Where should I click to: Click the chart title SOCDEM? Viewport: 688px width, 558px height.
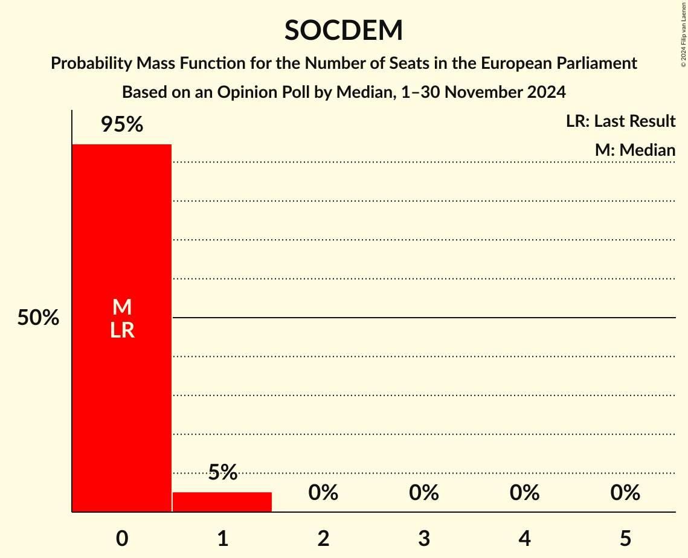[344, 31]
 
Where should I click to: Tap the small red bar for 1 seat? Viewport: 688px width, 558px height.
[222, 502]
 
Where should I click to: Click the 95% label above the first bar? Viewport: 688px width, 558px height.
[121, 125]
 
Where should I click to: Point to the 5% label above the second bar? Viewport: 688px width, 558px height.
[222, 472]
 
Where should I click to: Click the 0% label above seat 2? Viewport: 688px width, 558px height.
[323, 493]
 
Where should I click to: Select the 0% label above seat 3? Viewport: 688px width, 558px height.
[423, 493]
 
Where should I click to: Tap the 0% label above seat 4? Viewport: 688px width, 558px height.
[524, 493]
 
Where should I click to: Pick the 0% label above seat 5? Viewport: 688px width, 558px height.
[625, 493]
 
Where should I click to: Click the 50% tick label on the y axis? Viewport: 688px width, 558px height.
[38, 318]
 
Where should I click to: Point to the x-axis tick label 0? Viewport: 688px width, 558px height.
[122, 539]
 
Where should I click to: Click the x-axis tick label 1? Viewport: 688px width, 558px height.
[222, 539]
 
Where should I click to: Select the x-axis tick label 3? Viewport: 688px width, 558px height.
[423, 539]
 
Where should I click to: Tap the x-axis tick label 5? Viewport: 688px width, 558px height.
[625, 539]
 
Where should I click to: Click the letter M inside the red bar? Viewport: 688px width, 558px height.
[122, 307]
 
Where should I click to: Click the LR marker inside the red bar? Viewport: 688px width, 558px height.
[122, 330]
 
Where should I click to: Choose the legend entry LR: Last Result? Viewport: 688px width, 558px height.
[620, 121]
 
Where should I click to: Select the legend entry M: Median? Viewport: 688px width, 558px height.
[635, 150]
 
